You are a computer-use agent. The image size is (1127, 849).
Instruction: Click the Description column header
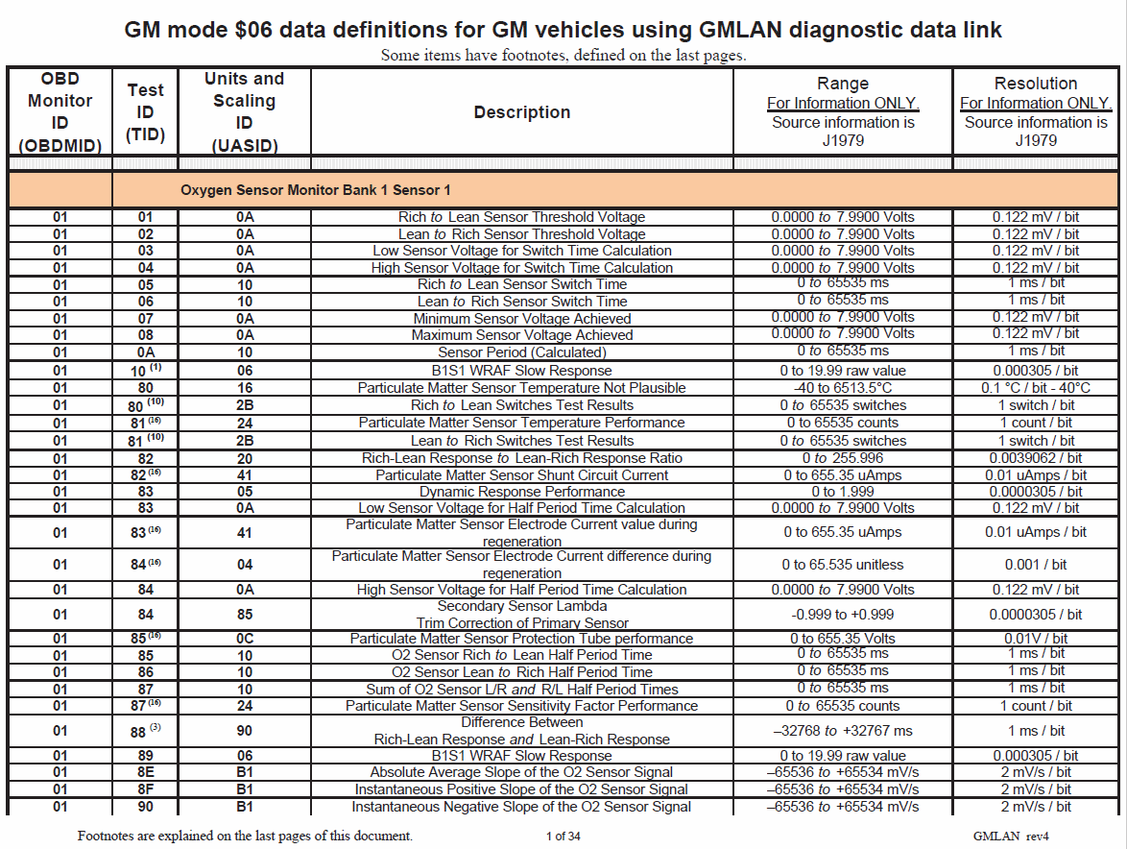coord(521,112)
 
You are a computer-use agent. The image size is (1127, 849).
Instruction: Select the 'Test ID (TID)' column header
coord(145,112)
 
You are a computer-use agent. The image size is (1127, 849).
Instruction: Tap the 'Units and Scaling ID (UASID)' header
coord(244,112)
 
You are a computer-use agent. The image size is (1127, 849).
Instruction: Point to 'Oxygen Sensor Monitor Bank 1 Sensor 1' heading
coord(315,190)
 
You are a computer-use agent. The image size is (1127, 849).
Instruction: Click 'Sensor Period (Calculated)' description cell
coord(521,352)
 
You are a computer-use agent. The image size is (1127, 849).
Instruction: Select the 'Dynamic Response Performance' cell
coord(521,492)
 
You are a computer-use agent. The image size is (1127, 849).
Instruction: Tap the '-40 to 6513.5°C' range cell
coord(842,388)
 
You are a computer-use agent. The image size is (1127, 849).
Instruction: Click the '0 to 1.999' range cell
coord(842,492)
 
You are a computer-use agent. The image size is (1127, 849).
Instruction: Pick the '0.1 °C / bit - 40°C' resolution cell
coord(1035,388)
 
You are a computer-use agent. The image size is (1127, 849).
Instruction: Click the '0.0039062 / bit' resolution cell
coord(1035,458)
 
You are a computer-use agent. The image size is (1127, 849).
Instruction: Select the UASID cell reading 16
coord(244,388)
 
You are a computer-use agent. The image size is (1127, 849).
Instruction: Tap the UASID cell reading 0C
coord(244,639)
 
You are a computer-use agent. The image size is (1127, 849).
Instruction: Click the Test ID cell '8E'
coord(145,772)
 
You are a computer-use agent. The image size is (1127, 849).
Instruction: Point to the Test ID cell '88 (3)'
coord(145,731)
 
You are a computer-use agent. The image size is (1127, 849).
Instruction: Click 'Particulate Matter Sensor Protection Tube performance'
coord(521,639)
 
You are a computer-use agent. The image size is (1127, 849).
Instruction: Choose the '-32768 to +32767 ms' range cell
coord(842,731)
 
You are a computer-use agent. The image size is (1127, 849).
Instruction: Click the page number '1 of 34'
coord(563,836)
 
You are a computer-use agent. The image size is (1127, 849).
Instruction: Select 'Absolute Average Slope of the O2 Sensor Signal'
coord(521,772)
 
